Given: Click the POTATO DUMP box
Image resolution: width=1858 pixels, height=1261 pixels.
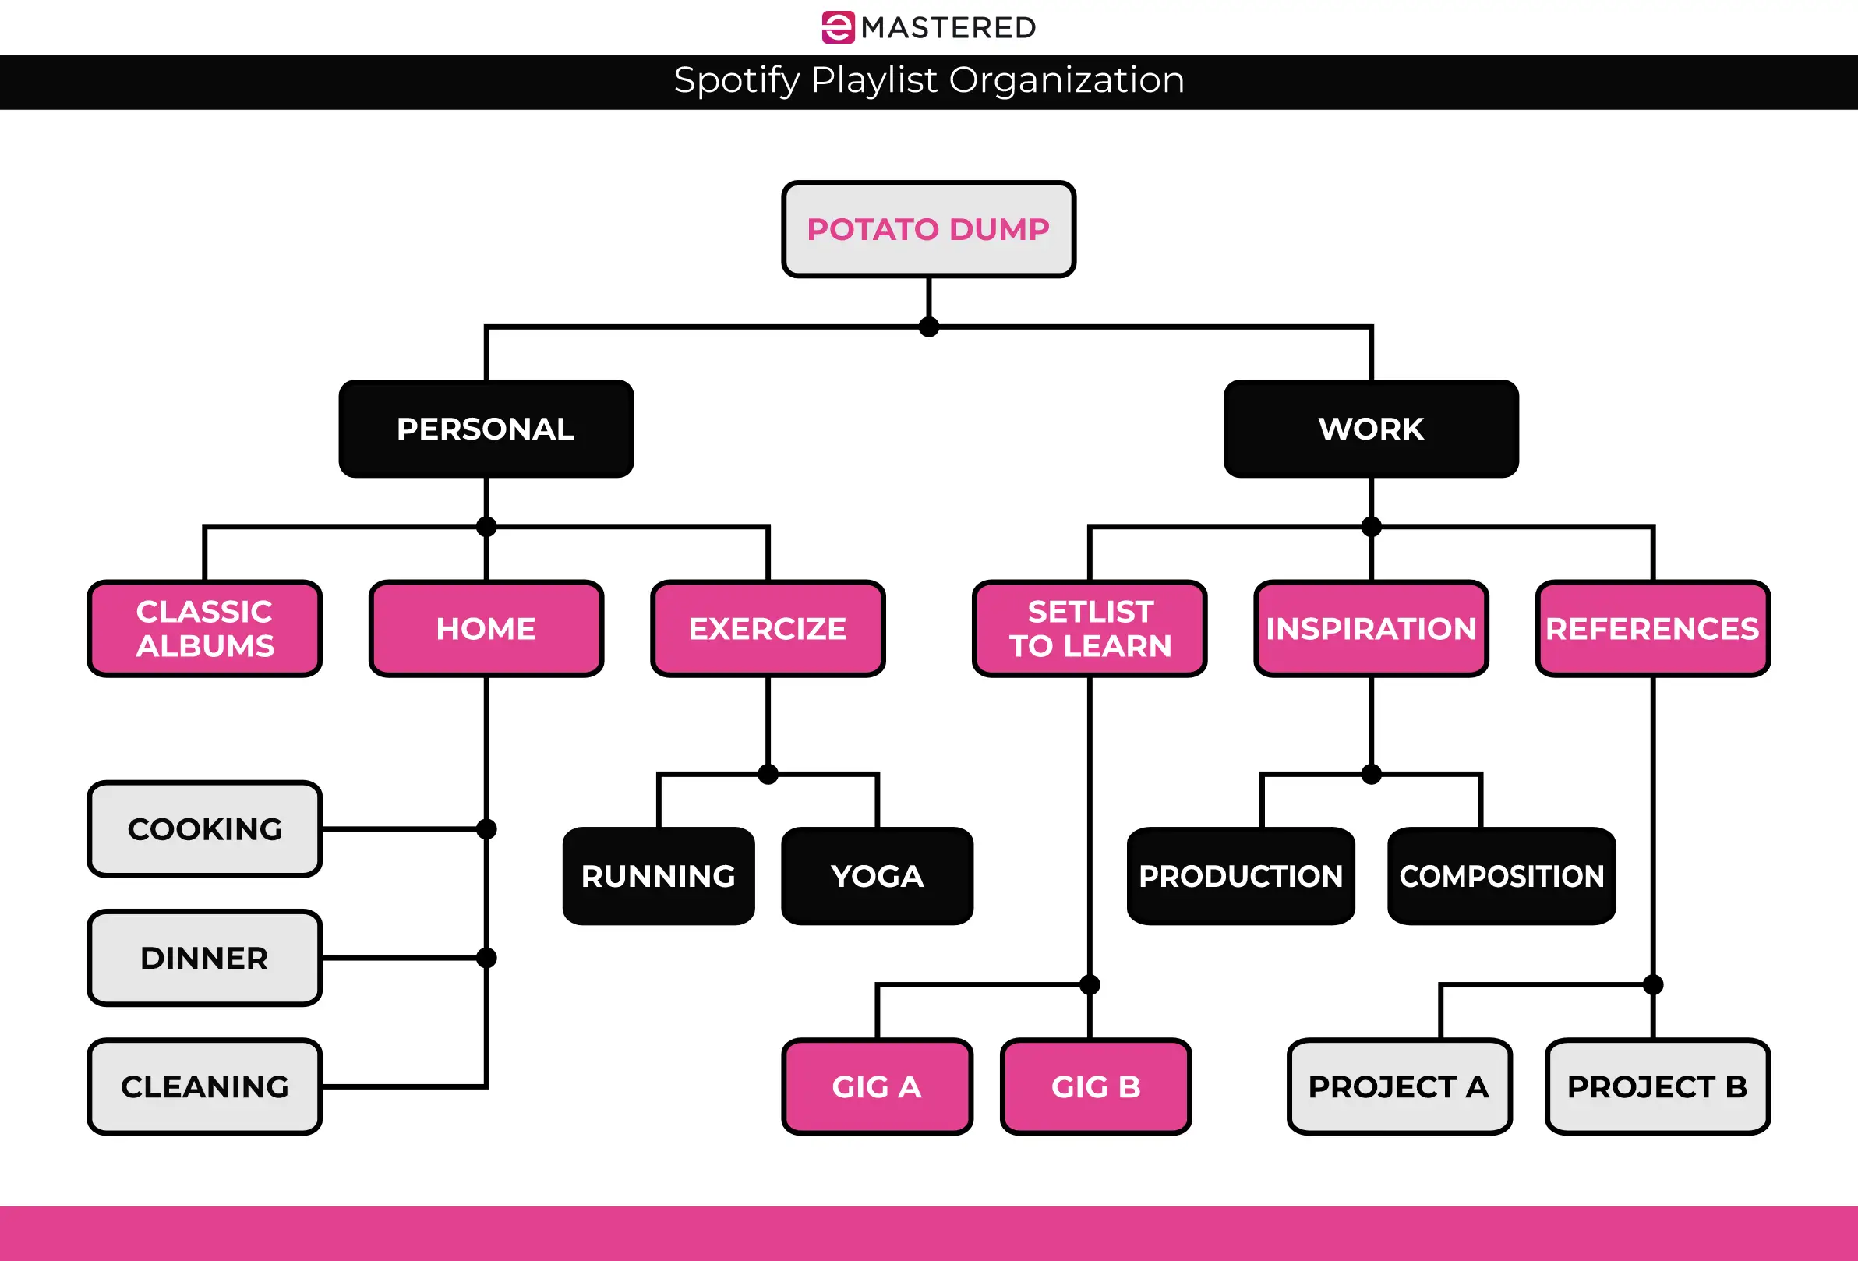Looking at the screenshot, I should pyautogui.click(x=928, y=229).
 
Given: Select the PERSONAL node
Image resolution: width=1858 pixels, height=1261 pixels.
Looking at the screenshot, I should pyautogui.click(x=486, y=429).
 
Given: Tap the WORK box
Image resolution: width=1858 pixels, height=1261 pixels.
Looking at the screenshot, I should pyautogui.click(x=1370, y=429).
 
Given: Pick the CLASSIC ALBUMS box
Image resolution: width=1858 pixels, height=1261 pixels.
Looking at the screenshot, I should pyautogui.click(x=205, y=628).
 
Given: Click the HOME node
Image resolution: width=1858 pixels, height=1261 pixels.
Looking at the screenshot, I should pyautogui.click(x=486, y=628).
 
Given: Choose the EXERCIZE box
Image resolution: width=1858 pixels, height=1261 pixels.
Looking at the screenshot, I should pyautogui.click(x=768, y=628).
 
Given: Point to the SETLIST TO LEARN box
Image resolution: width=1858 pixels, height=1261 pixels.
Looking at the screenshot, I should pyautogui.click(x=1090, y=628).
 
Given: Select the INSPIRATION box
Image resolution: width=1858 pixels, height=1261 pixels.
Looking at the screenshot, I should pyautogui.click(x=1370, y=628).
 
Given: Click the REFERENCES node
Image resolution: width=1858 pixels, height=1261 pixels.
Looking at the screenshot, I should pyautogui.click(x=1652, y=628).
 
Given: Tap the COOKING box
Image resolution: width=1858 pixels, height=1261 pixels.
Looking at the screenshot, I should pyautogui.click(x=205, y=829).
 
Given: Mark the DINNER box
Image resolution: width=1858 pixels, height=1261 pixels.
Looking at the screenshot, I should pyautogui.click(x=205, y=958).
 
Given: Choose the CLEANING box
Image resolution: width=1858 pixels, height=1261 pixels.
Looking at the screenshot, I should pyautogui.click(x=205, y=1086).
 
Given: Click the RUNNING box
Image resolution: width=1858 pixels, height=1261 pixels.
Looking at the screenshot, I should pyautogui.click(x=658, y=876).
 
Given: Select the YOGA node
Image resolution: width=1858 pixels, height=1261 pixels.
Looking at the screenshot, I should pyautogui.click(x=877, y=876).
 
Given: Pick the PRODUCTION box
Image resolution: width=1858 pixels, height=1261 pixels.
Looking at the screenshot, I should pyautogui.click(x=1241, y=876).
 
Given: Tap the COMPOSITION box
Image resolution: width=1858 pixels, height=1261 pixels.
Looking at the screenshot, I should pyautogui.click(x=1501, y=876).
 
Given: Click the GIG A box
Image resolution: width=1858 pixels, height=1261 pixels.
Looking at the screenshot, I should pyautogui.click(x=877, y=1086).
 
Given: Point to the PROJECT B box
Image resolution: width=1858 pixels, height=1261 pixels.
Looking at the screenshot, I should pyautogui.click(x=1658, y=1086).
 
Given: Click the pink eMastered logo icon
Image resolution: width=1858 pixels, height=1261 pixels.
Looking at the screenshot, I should pyautogui.click(x=838, y=27).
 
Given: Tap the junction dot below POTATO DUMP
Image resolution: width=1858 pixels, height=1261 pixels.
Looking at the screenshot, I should pyautogui.click(x=928, y=327).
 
